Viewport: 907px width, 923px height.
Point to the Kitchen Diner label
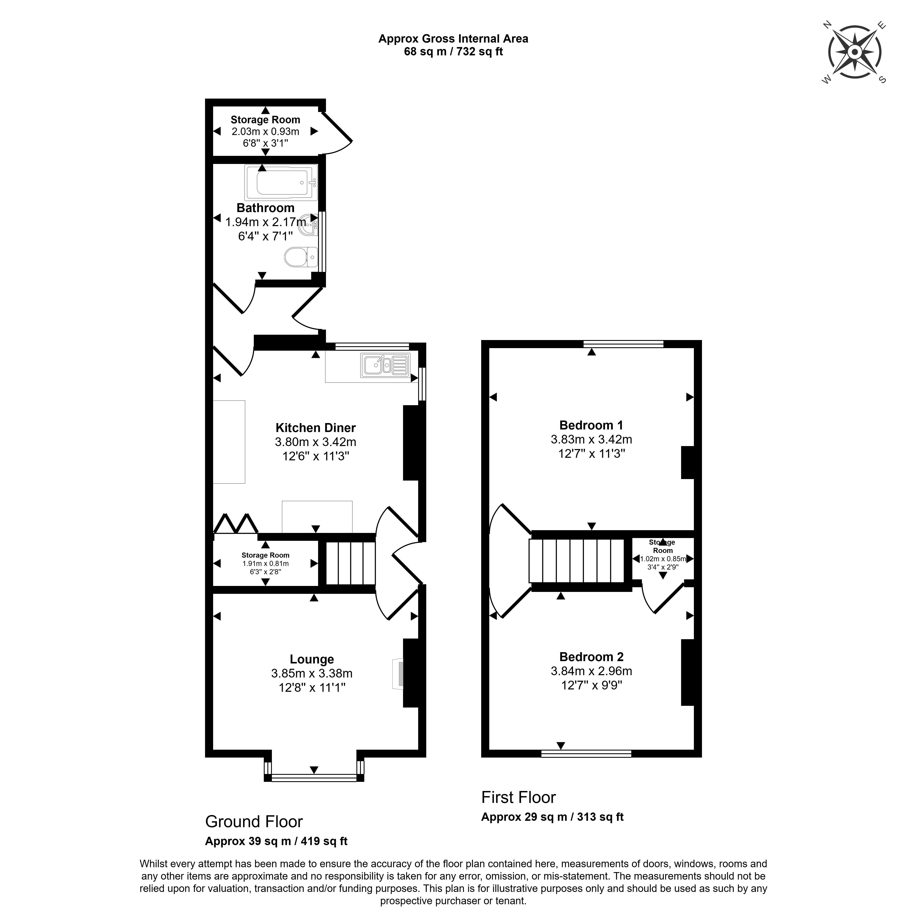[315, 428]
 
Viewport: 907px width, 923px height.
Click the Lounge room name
[312, 659]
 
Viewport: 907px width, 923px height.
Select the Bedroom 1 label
[591, 425]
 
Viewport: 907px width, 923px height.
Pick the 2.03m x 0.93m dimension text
[265, 131]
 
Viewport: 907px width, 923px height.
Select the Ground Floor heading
[254, 821]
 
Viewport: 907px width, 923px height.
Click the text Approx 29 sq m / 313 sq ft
[552, 817]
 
